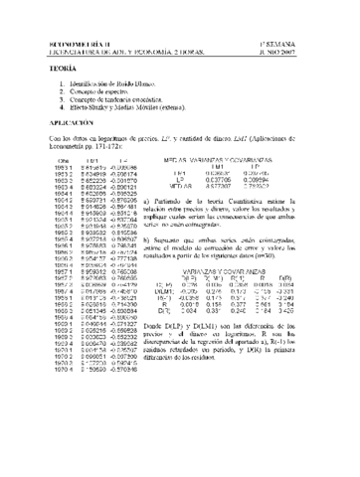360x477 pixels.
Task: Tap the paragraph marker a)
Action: (177, 199)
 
